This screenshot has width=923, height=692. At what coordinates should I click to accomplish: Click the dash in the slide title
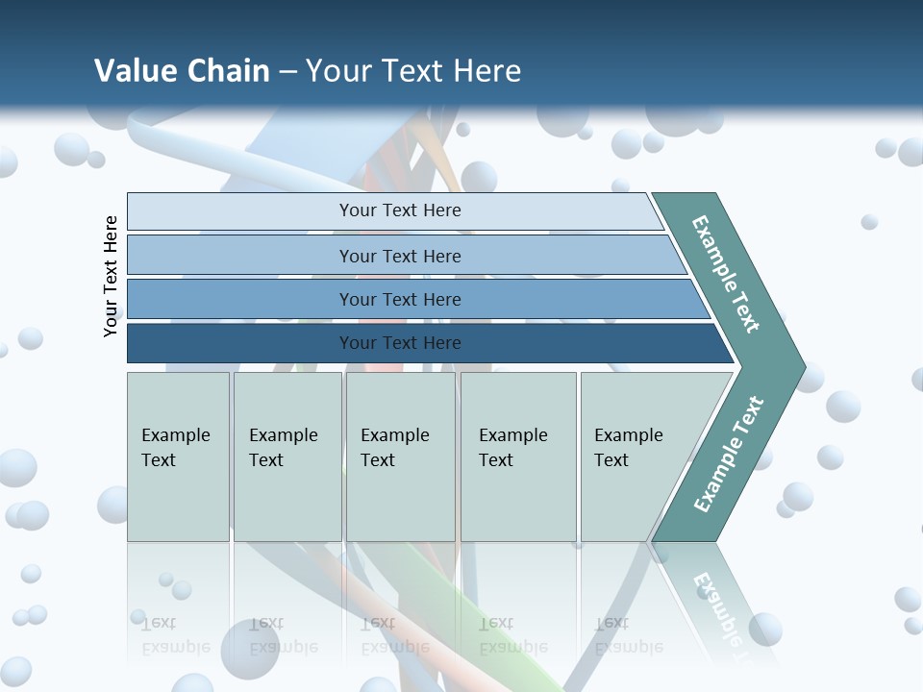(287, 71)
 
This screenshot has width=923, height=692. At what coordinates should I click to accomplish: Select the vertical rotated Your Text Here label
(111, 276)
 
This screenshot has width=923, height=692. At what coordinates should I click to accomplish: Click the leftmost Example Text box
(178, 457)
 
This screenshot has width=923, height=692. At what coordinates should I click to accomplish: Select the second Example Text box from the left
(287, 457)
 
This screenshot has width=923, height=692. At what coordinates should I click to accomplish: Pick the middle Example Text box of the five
(400, 457)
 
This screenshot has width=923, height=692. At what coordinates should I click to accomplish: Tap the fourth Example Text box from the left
(518, 457)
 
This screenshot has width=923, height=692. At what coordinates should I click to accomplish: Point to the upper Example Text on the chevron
(726, 274)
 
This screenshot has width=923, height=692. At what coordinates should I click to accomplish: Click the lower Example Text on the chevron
(729, 455)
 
